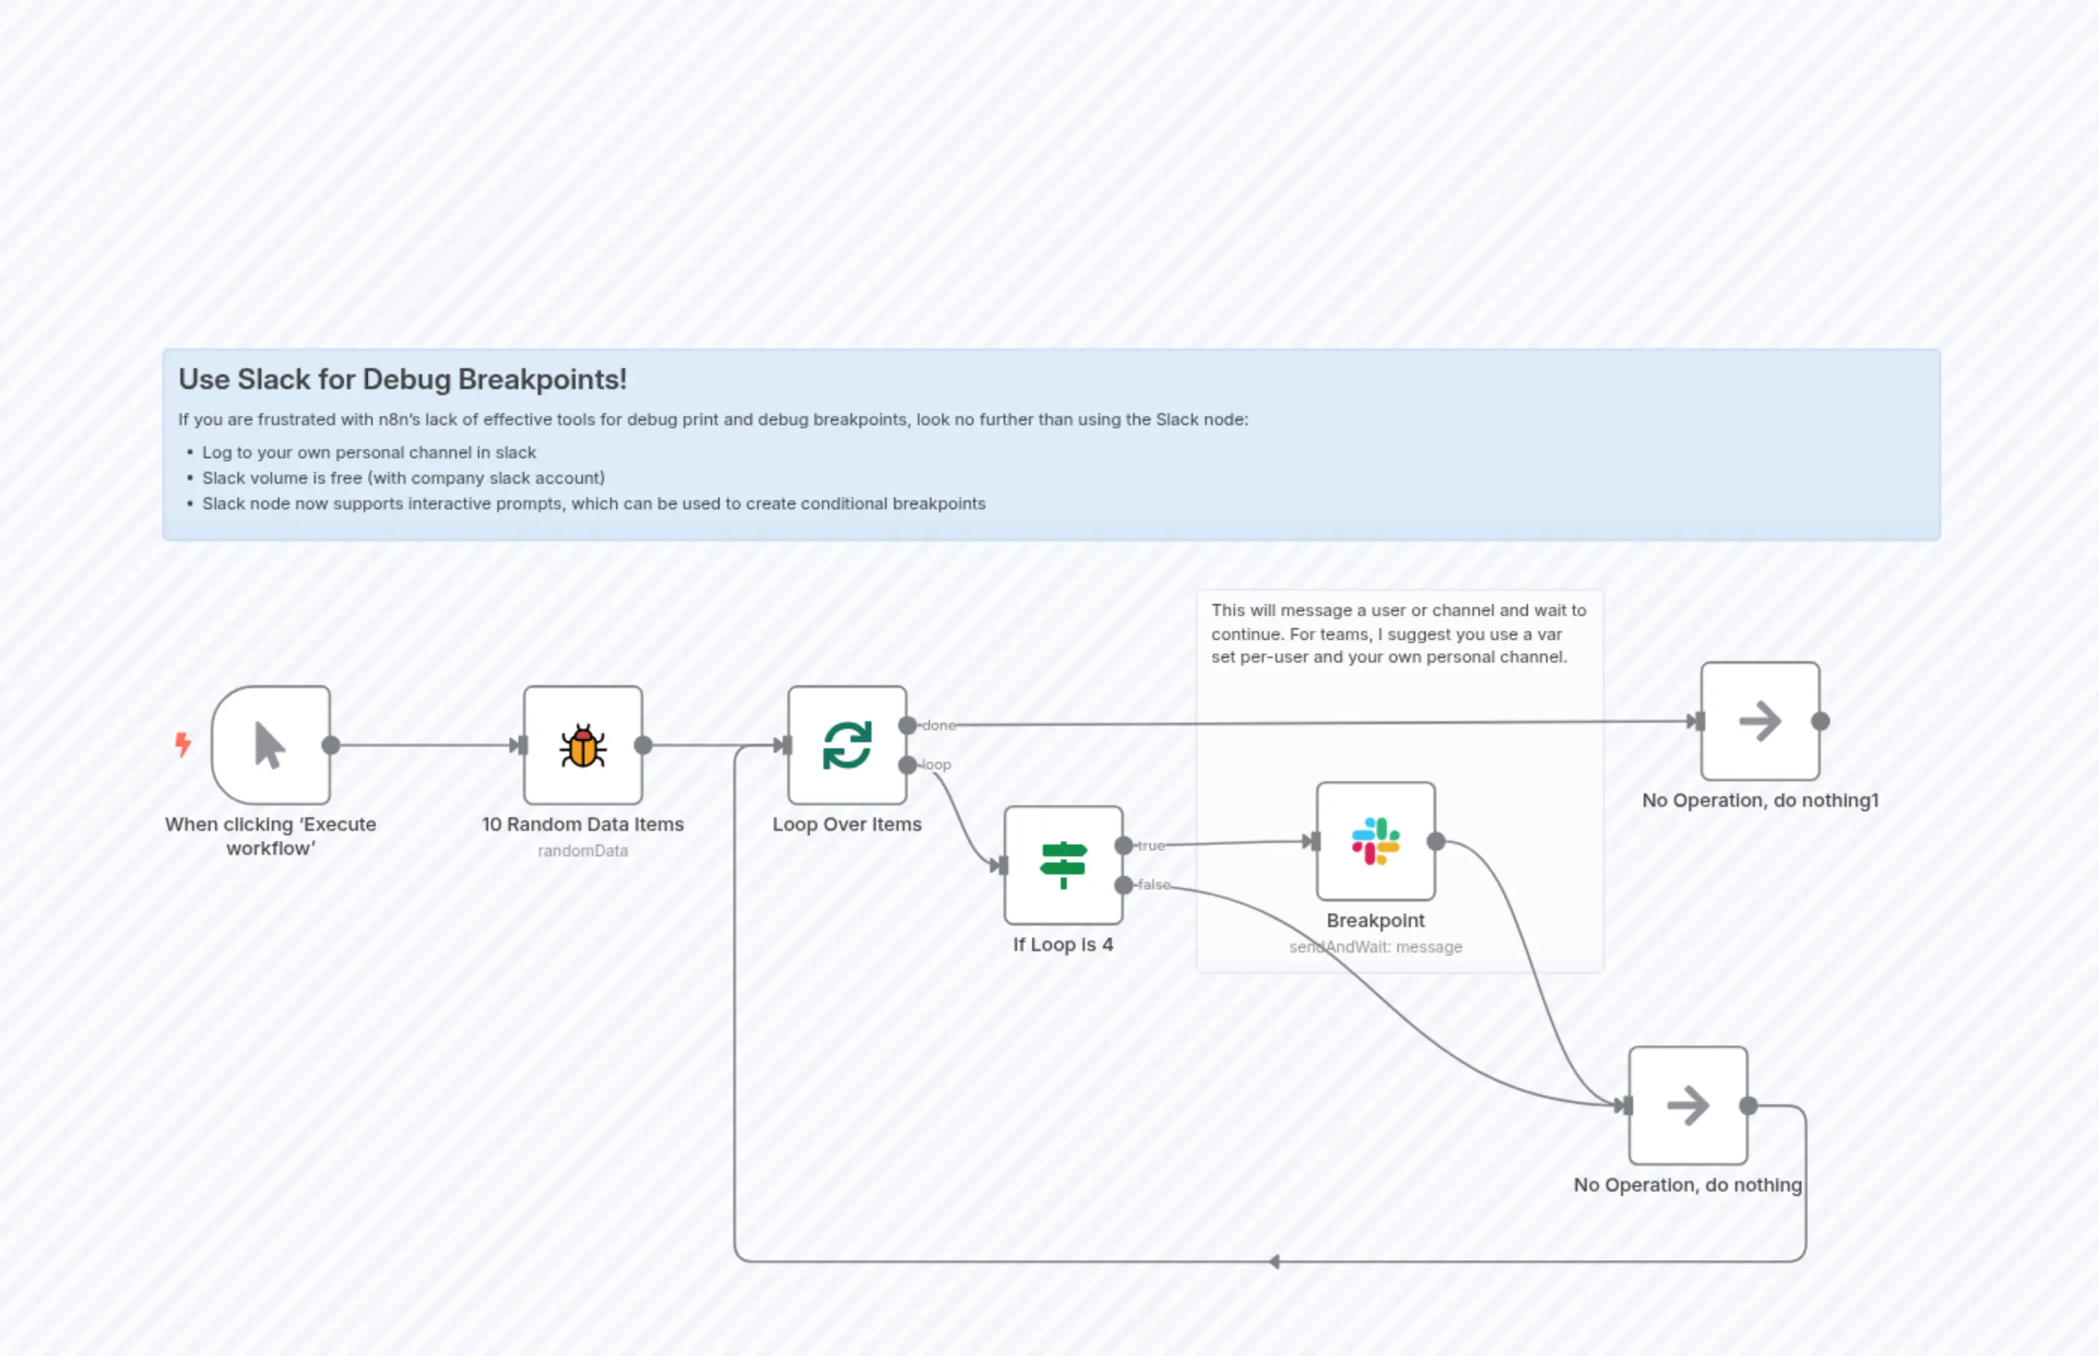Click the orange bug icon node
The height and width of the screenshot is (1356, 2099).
click(x=582, y=746)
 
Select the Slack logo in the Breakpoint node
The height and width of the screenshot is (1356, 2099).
click(x=1376, y=841)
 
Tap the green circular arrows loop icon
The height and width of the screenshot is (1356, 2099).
click(x=847, y=746)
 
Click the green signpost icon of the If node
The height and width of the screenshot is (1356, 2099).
click(x=1063, y=865)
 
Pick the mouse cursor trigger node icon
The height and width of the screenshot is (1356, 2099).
click(x=270, y=746)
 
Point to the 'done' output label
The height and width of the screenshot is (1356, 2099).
click(x=938, y=726)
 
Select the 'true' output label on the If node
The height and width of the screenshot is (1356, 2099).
click(x=1151, y=845)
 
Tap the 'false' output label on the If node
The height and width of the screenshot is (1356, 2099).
click(x=1153, y=885)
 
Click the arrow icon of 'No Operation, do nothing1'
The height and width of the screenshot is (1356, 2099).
click(x=1759, y=721)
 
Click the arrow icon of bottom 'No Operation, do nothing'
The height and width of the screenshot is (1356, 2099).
click(x=1687, y=1106)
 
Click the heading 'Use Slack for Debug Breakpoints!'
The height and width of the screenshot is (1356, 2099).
click(x=403, y=379)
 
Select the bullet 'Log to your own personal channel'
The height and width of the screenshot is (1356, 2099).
click(x=368, y=452)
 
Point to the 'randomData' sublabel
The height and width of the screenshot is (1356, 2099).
click(x=582, y=850)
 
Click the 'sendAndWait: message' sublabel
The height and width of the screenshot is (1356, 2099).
click(x=1376, y=947)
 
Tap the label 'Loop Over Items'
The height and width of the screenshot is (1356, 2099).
click(x=846, y=825)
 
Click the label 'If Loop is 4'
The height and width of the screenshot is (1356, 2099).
click(x=1063, y=945)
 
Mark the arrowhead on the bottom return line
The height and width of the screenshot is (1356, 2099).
click(x=1274, y=1262)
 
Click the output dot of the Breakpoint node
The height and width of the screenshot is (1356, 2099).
click(x=1436, y=842)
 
